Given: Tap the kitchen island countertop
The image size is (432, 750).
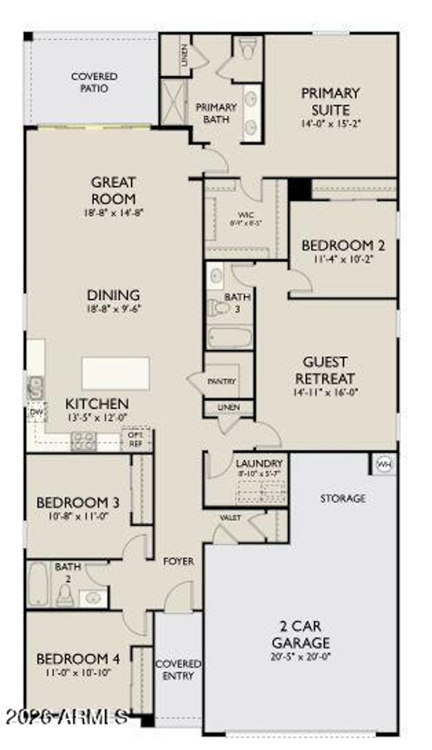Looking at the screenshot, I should coord(115,374).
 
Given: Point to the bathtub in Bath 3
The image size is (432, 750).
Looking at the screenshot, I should coord(229,338).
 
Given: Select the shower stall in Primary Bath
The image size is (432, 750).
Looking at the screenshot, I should coord(173,102).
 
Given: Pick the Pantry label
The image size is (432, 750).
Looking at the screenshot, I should coord(222,382).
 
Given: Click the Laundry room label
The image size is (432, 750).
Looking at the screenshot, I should coord(259,463).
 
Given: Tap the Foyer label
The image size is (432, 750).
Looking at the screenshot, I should coord(178,561).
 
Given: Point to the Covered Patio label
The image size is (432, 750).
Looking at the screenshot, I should coord(94,82).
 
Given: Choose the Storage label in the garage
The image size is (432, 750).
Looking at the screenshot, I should coord(343,498).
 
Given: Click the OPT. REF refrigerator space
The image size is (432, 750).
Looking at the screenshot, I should coord(135,439).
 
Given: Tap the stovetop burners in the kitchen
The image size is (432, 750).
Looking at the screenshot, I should coord(84,441).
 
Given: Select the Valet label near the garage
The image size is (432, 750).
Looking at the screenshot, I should coord(230,517).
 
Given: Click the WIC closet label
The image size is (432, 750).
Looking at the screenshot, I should coord(246,216).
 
